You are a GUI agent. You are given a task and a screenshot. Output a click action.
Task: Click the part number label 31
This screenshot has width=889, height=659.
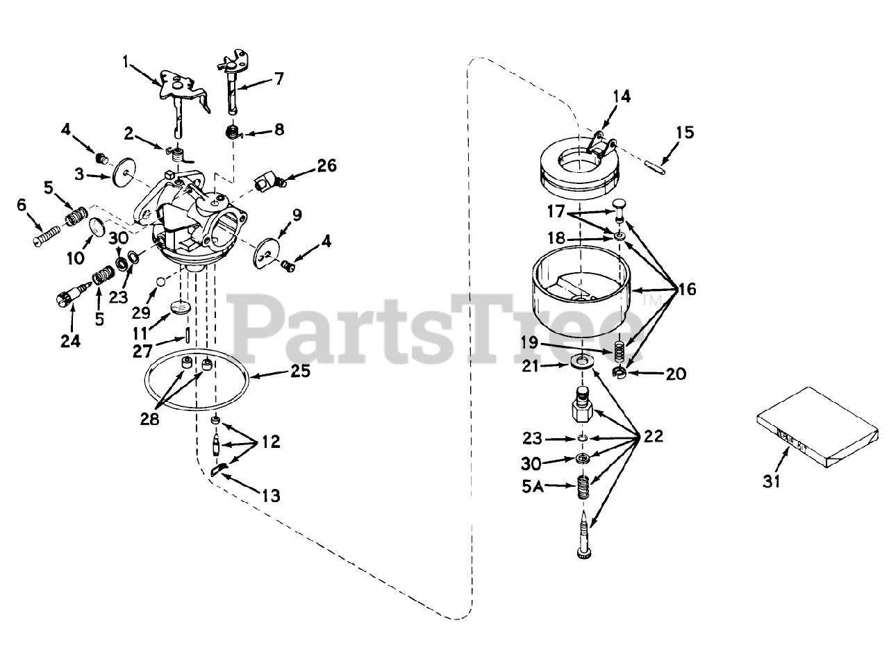click(772, 481)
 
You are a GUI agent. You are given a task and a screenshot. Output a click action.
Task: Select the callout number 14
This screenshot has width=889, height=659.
click(622, 97)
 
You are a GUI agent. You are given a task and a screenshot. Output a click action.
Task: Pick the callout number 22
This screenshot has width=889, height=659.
click(653, 437)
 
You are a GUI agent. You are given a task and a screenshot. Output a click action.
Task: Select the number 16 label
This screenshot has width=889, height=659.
click(686, 289)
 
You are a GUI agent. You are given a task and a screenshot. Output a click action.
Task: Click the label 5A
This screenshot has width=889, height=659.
click(533, 487)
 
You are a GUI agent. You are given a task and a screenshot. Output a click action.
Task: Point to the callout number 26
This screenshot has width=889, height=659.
click(326, 165)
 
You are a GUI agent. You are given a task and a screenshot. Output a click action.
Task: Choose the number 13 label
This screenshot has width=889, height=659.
click(271, 495)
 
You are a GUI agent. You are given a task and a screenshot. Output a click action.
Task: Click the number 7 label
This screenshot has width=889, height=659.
click(279, 78)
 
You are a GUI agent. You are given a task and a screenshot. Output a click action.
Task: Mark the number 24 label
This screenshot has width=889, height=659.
click(70, 341)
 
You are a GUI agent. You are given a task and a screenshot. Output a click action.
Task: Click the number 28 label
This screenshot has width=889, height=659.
click(150, 419)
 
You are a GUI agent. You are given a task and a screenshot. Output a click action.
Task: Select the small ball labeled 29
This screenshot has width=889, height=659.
click(160, 281)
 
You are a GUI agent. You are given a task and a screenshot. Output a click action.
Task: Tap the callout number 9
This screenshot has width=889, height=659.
click(297, 215)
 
